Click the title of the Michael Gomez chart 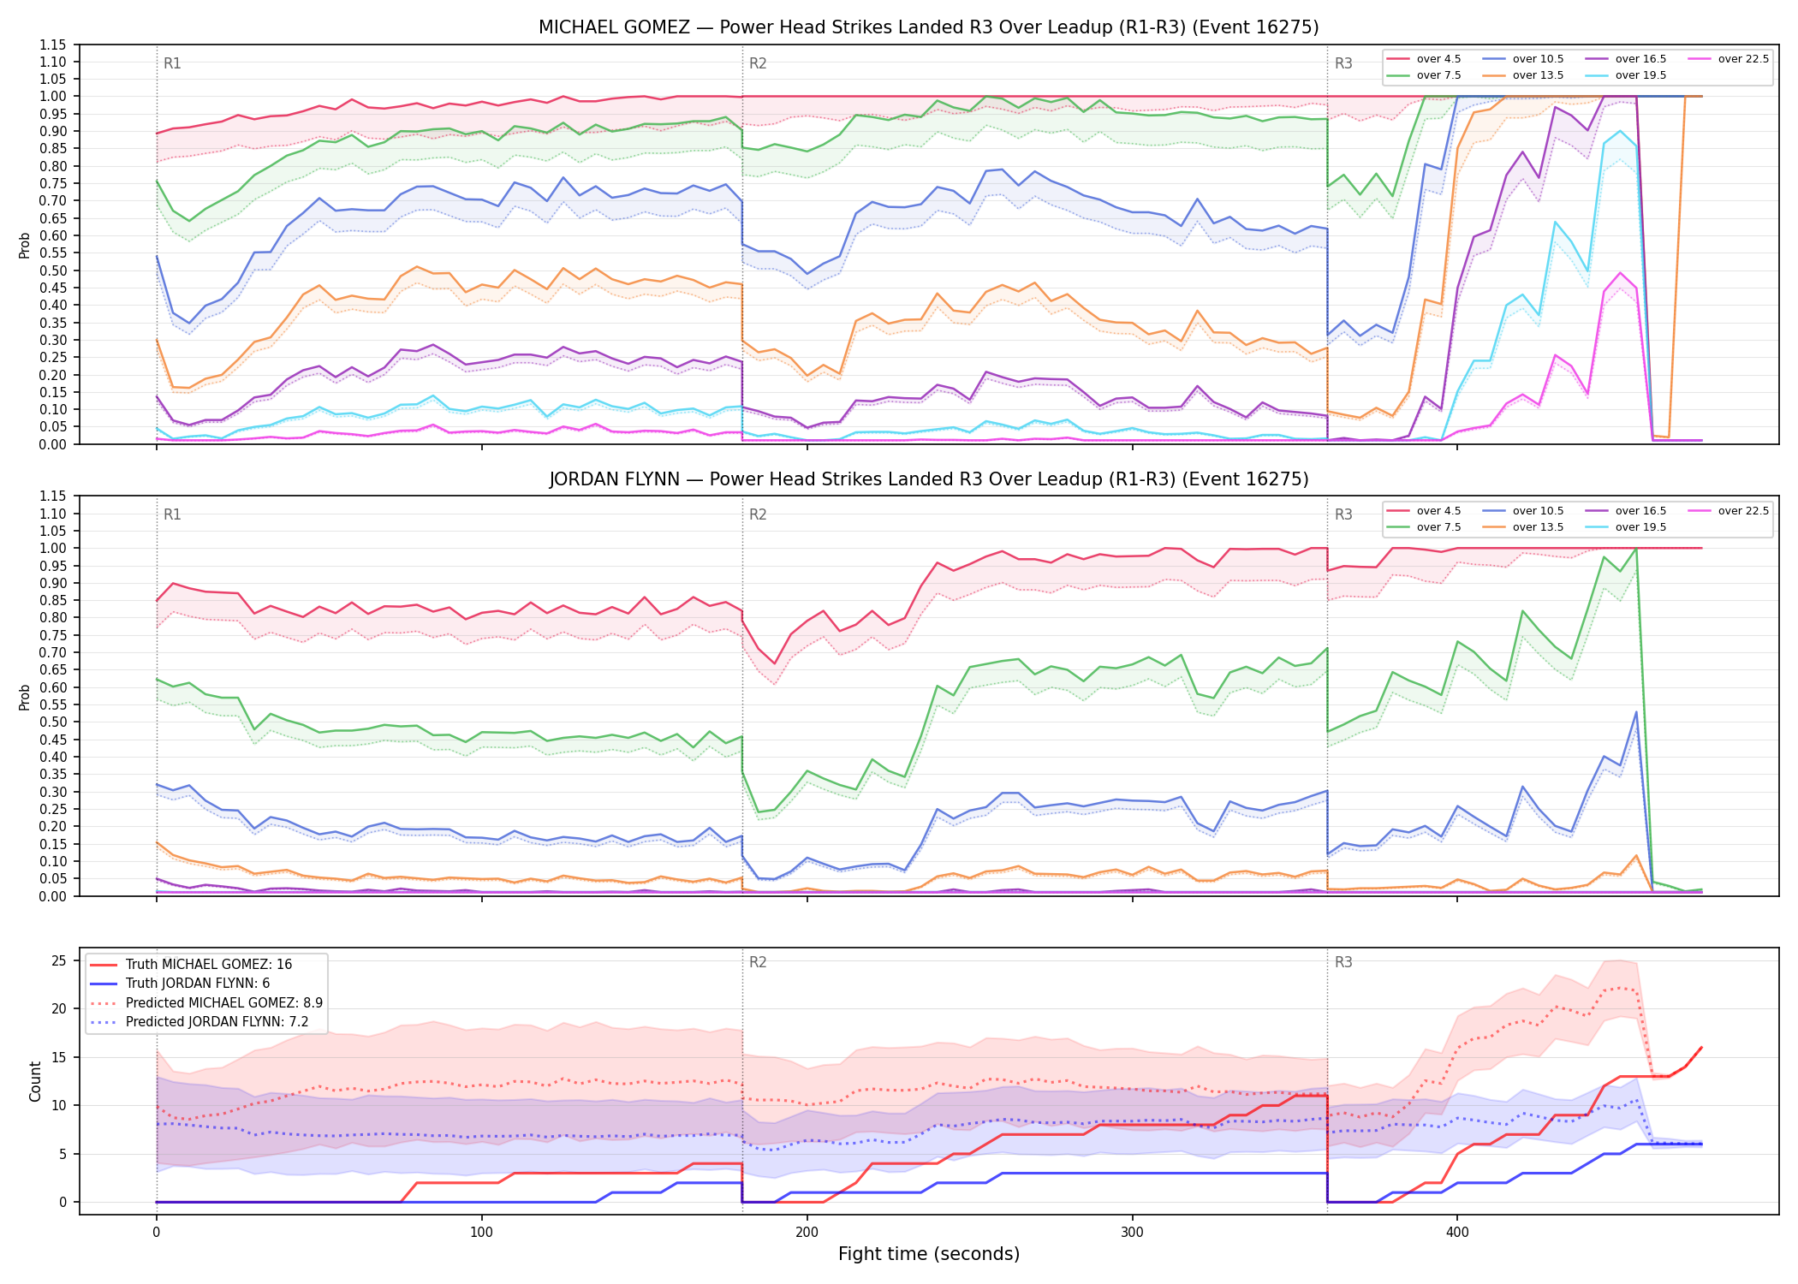click(929, 27)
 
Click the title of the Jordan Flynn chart click(929, 479)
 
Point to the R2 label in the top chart click(758, 63)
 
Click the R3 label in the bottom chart click(1343, 962)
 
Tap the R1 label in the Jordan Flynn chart click(172, 514)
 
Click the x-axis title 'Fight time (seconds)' click(929, 1254)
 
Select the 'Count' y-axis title click(35, 1081)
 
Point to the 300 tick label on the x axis click(1132, 1233)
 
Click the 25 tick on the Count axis click(59, 960)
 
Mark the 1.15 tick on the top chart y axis click(53, 45)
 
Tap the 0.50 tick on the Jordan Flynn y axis click(53, 722)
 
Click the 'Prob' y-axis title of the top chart click(25, 245)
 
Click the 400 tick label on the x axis click(1457, 1233)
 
